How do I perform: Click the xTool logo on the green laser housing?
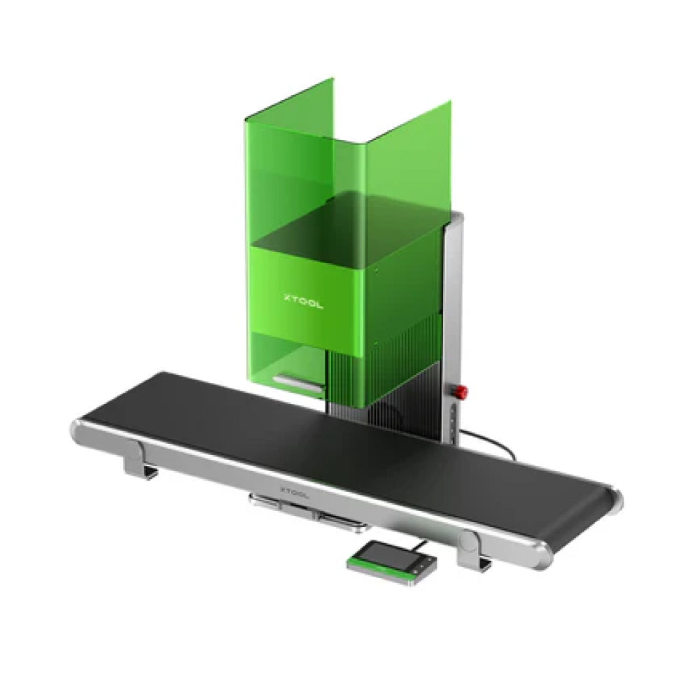pos(303,301)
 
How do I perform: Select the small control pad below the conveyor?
pos(392,563)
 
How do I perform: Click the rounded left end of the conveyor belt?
pos(78,430)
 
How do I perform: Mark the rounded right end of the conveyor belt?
pos(615,499)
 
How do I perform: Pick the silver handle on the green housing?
pos(298,384)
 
